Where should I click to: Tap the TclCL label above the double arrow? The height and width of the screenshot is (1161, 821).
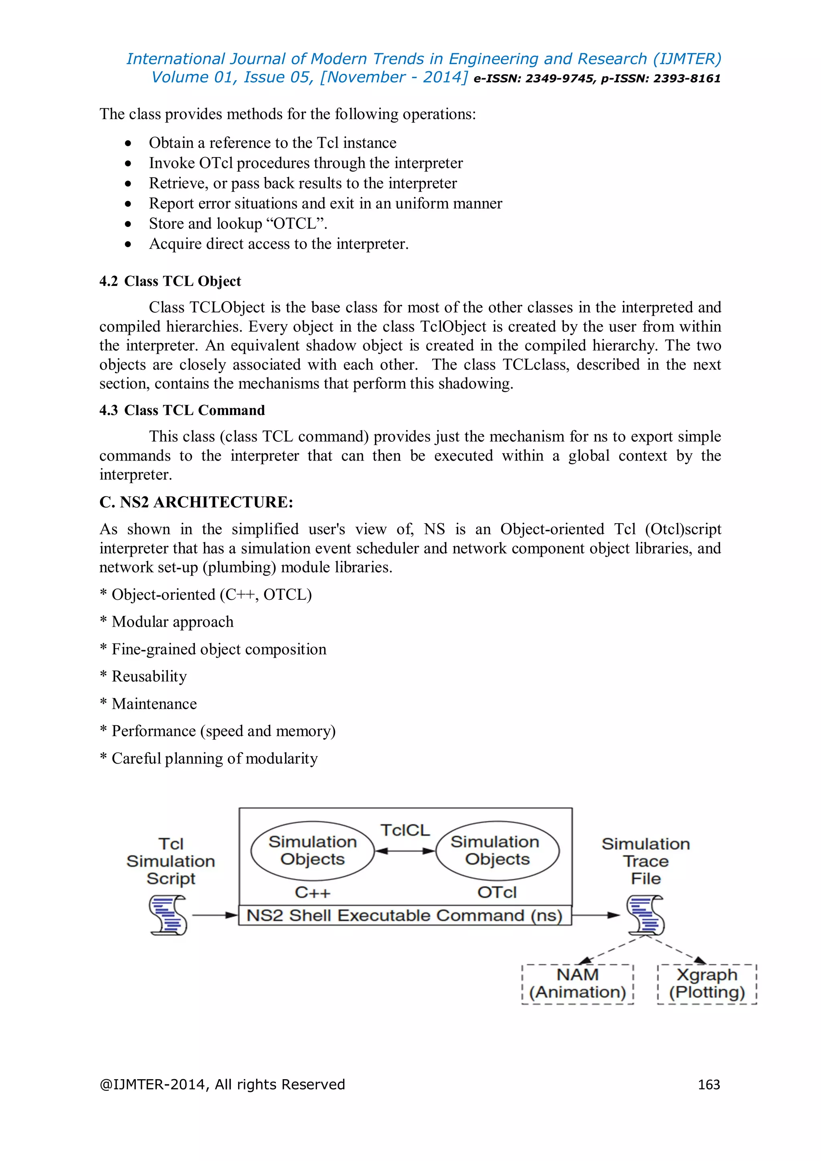(405, 830)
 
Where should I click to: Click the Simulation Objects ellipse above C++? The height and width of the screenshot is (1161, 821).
(312, 851)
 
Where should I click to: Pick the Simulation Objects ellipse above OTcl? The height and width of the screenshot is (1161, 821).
(497, 851)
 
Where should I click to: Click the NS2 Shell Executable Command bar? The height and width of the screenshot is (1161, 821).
(404, 915)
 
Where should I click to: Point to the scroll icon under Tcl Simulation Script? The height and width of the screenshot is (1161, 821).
(168, 915)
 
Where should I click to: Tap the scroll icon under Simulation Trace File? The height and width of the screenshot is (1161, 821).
(645, 915)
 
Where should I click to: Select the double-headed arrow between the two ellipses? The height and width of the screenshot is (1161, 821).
(405, 851)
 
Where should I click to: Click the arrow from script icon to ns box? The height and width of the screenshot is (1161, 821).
(214, 915)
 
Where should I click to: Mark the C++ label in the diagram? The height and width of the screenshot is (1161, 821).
(312, 892)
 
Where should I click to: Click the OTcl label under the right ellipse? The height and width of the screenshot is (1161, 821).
(497, 892)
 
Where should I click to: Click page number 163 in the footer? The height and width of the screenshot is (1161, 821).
(709, 1085)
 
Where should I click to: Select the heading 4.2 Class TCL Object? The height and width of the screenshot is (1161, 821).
(170, 281)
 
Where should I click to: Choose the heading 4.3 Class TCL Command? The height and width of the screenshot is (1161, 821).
(182, 410)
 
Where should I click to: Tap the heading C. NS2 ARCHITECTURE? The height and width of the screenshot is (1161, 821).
(196, 502)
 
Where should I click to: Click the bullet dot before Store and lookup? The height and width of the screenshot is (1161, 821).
(128, 224)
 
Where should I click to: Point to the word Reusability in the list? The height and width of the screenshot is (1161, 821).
(149, 677)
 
